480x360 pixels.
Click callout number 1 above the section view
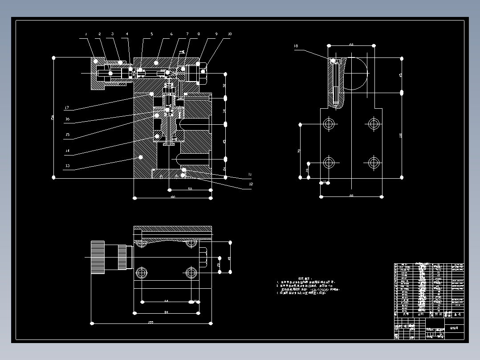(x=86, y=34)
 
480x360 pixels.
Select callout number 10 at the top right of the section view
(x=230, y=34)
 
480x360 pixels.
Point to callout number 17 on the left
(x=66, y=108)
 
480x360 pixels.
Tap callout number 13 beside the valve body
(x=67, y=166)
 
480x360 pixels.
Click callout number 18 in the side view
(x=296, y=46)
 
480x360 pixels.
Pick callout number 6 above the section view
(x=171, y=34)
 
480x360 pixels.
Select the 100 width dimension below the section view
(x=172, y=197)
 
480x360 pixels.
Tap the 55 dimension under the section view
(x=190, y=189)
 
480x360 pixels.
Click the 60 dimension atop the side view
(x=351, y=45)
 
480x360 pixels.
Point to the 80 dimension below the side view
(x=351, y=196)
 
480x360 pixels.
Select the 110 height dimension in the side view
(x=400, y=135)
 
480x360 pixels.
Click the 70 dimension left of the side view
(x=299, y=151)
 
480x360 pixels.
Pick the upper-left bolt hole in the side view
(x=329, y=123)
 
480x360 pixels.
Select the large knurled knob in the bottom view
(x=98, y=257)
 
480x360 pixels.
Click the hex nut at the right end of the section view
(x=203, y=71)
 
